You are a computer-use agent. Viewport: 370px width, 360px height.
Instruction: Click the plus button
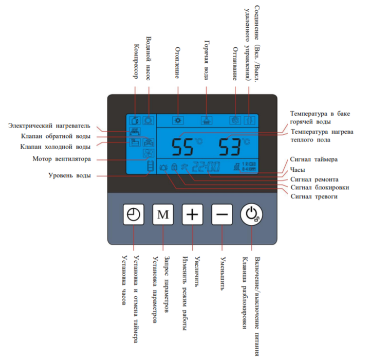pyautogui.click(x=192, y=214)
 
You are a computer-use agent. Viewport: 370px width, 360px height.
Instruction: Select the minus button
pyautogui.click(x=221, y=214)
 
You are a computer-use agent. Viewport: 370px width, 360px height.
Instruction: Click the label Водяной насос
pyautogui.click(x=149, y=56)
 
